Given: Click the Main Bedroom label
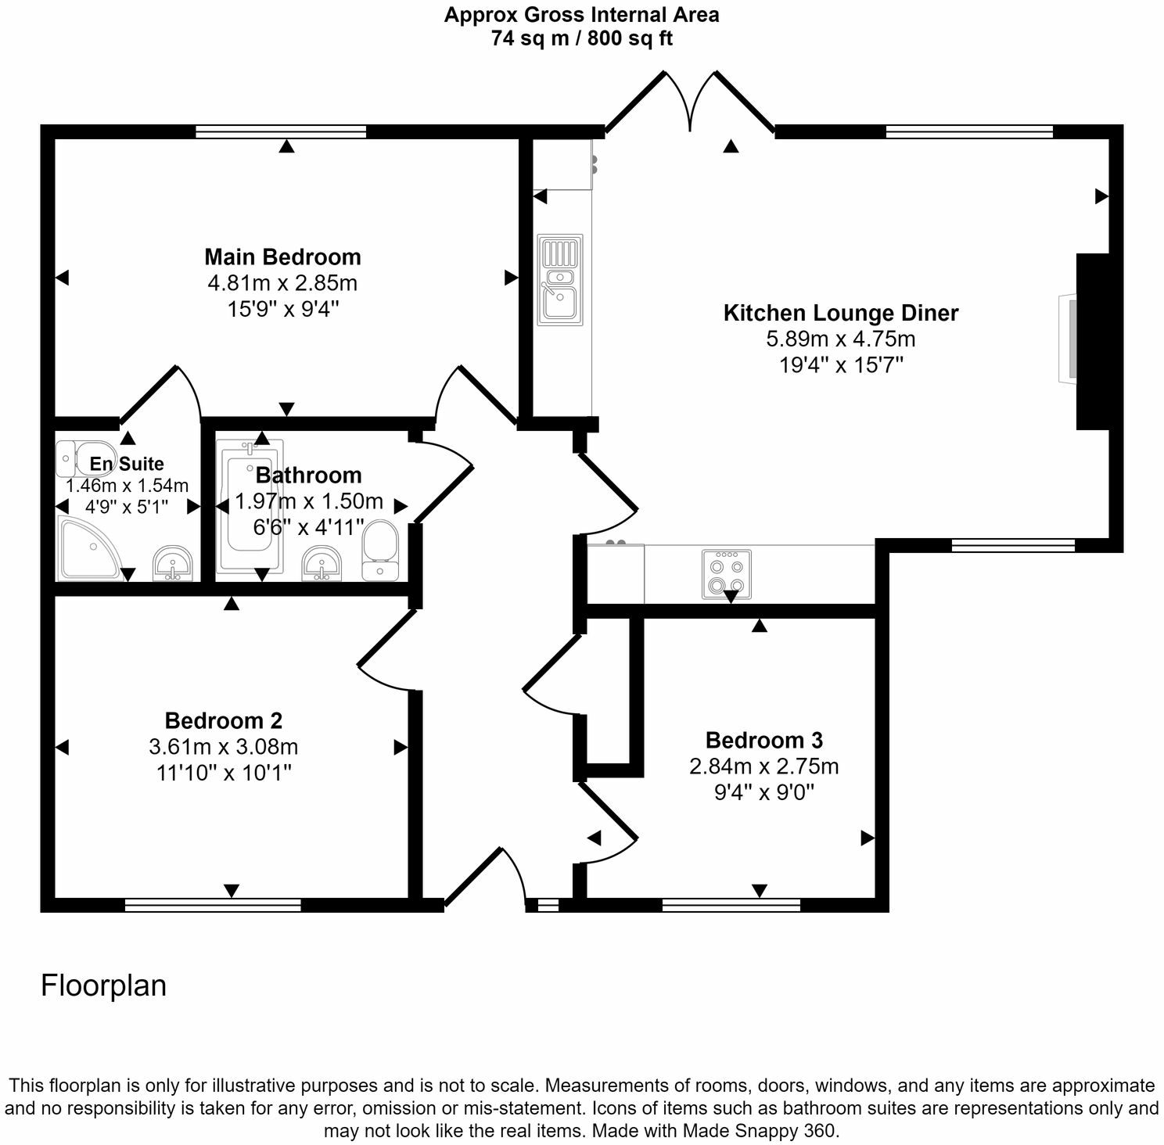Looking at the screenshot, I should (282, 257).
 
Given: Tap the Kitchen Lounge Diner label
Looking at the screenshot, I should (840, 313).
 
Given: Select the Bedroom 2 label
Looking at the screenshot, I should (223, 720).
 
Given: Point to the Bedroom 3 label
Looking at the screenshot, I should (763, 740).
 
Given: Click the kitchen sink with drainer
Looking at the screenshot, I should (560, 279).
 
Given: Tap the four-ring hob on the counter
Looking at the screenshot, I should (727, 575).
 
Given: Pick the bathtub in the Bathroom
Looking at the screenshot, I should (249, 506).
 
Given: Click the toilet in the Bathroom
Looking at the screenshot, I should (381, 550).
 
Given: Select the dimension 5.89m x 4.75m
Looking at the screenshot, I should (840, 339).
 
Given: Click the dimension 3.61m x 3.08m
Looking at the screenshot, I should (223, 747).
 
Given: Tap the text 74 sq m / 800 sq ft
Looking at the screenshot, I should (581, 38).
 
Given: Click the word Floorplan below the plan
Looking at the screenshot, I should (103, 985).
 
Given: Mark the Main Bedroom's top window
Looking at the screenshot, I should (281, 131).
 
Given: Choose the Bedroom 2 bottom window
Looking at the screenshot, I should (213, 905).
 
